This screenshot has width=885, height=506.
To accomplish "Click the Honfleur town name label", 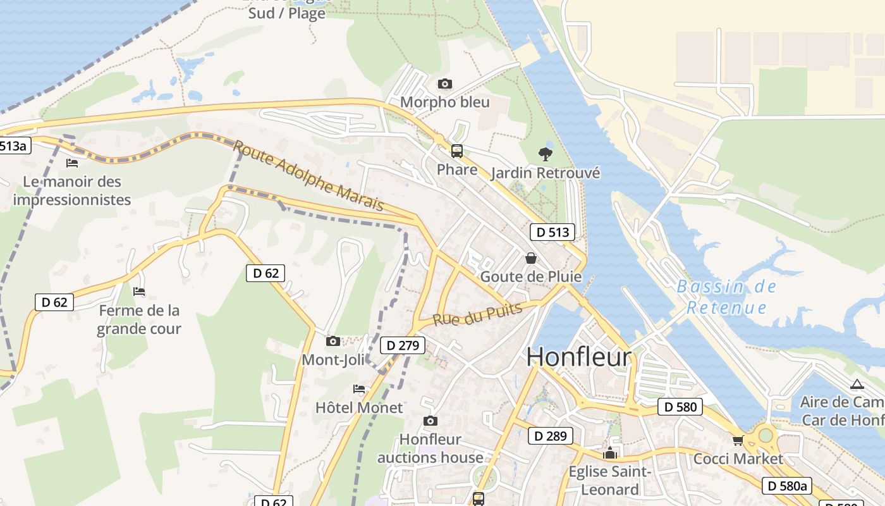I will [578, 357].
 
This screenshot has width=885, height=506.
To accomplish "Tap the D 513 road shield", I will [552, 232].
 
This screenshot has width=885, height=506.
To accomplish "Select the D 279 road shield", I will [403, 345].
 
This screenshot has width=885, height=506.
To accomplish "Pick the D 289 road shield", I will [551, 436].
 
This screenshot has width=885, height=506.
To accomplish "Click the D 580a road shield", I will [786, 486].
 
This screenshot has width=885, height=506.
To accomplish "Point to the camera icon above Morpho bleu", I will [445, 84].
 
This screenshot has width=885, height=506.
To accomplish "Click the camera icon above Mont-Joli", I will [333, 342].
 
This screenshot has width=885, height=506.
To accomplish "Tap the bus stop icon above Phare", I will [456, 151].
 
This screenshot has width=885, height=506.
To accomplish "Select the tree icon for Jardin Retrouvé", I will [545, 154].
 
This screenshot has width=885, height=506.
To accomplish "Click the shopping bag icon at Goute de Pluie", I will [531, 258].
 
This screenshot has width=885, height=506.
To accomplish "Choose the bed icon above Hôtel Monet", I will [359, 389].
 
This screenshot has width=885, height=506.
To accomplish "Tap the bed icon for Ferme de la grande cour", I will [139, 292].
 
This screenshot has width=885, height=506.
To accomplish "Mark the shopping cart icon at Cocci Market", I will [738, 440].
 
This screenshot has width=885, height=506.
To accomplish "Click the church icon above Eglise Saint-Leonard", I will [610, 453].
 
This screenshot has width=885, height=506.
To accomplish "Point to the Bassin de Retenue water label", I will [726, 297].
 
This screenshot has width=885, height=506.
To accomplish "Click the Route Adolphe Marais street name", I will [308, 175].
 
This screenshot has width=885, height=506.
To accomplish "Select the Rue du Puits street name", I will [478, 314].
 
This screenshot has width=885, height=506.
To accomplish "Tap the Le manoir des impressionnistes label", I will [72, 191].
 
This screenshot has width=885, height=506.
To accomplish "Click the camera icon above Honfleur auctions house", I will [430, 421].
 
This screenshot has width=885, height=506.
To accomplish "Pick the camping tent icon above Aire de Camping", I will [857, 384].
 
